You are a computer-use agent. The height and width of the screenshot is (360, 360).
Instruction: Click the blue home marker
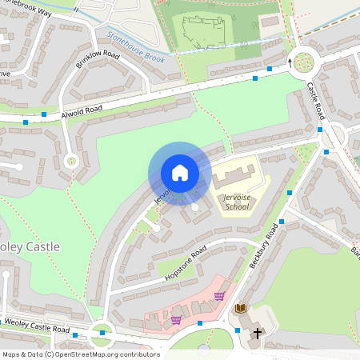click(x=180, y=173)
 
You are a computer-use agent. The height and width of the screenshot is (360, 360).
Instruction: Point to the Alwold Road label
click(x=82, y=112)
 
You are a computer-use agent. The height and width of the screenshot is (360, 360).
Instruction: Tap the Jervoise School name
click(x=233, y=201)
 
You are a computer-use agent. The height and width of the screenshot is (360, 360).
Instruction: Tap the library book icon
click(x=240, y=308)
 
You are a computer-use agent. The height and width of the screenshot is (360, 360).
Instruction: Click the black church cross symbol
click(x=258, y=334)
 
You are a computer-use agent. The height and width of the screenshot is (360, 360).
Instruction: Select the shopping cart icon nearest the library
click(x=219, y=296)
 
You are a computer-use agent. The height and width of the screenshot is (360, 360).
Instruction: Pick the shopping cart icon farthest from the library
click(x=176, y=320)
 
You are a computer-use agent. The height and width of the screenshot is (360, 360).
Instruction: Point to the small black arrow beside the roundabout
click(x=290, y=60)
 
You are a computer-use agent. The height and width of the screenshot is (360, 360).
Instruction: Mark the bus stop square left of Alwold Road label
click(x=26, y=122)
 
